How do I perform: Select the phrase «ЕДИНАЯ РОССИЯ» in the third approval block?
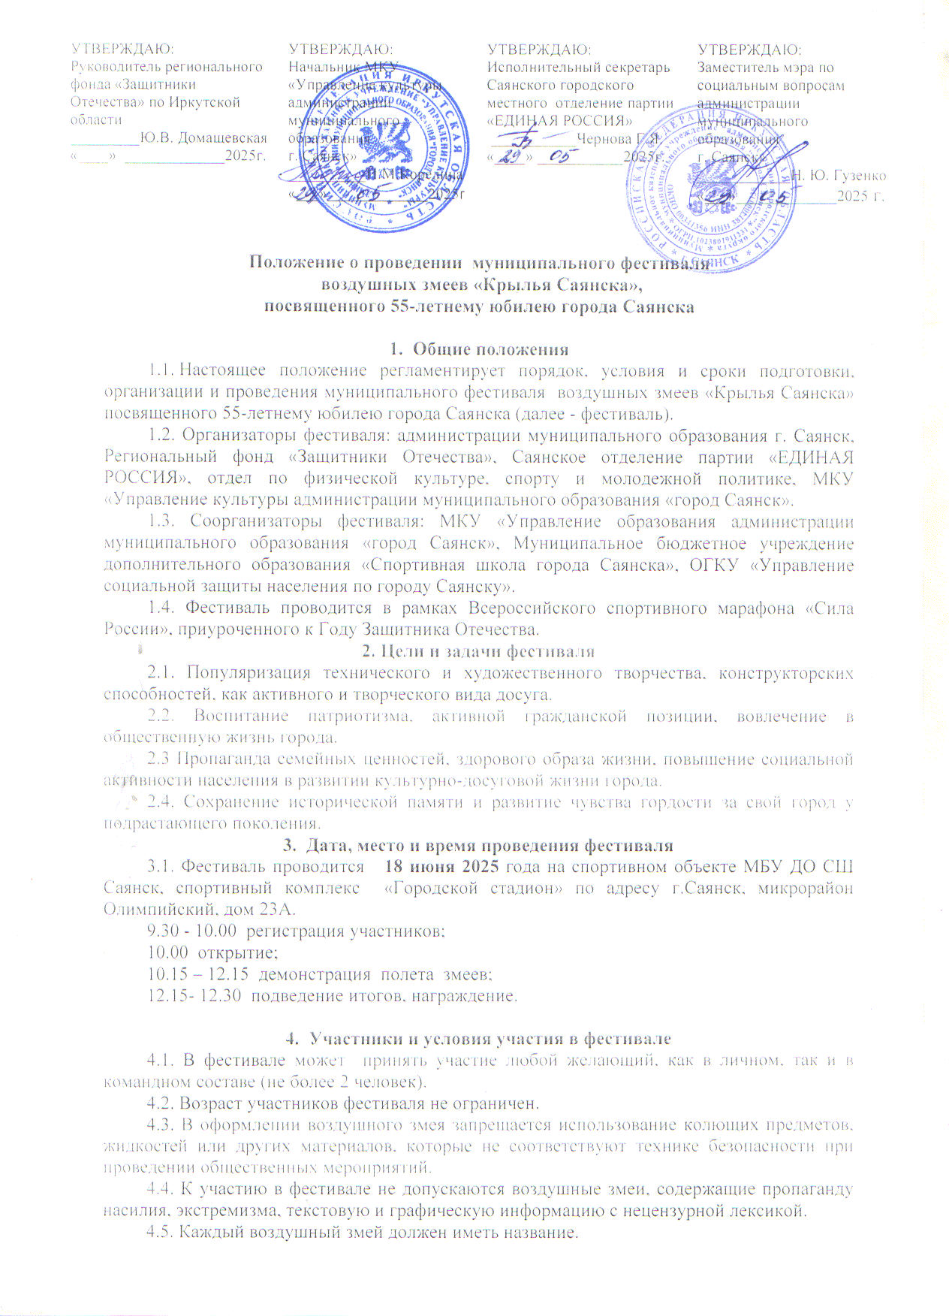[x=559, y=121]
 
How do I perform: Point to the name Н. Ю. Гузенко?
[x=839, y=176]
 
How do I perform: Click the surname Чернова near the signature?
[x=604, y=139]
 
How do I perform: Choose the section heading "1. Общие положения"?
[x=479, y=349]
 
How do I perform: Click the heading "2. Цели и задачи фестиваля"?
[x=479, y=651]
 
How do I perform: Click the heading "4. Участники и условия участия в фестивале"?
[x=479, y=1039]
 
